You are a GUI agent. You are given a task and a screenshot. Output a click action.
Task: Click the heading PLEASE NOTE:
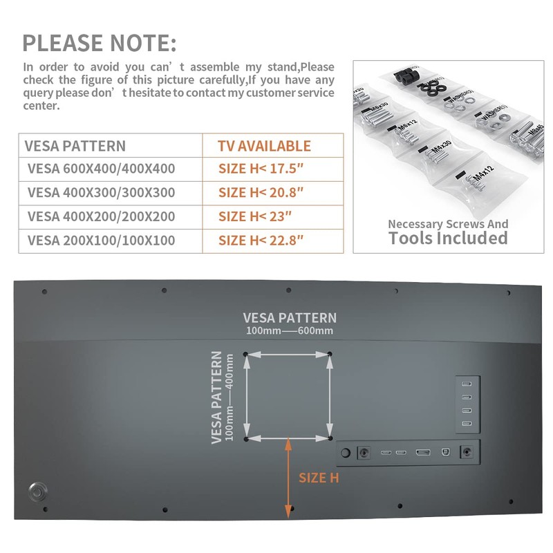(x=100, y=43)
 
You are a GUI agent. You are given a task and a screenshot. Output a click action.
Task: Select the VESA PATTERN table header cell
(x=75, y=146)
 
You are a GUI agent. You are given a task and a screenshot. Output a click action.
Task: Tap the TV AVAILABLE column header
(x=264, y=146)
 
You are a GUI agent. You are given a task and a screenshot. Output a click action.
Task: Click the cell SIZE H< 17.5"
(x=261, y=169)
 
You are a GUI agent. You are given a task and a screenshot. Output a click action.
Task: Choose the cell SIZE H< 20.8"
(x=261, y=193)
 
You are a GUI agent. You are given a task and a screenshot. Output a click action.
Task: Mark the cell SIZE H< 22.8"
(x=261, y=241)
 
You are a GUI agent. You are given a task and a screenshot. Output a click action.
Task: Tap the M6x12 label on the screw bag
(x=410, y=128)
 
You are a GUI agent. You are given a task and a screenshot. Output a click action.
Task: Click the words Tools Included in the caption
(x=448, y=238)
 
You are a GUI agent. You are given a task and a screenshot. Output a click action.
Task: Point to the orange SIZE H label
(x=318, y=478)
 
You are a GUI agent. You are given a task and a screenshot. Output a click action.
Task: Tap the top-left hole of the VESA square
(x=245, y=355)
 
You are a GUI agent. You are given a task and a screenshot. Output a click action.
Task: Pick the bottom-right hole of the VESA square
(x=330, y=438)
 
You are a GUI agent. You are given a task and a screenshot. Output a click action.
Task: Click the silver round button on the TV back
(x=38, y=492)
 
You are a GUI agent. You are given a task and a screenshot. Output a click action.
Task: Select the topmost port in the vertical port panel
(x=467, y=385)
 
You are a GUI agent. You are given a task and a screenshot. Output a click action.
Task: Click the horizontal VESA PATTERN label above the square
(x=290, y=318)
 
